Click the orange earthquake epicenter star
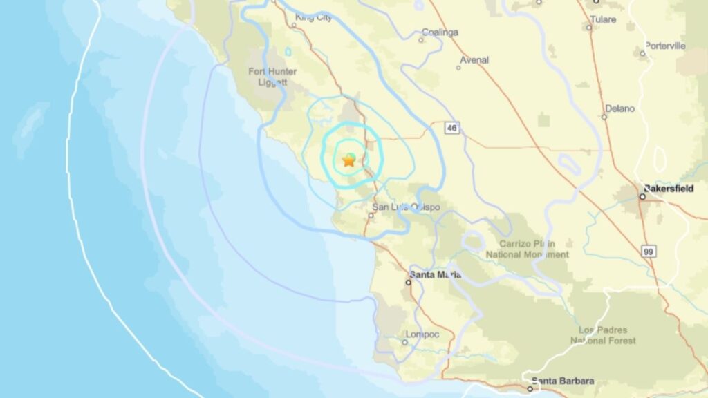coord(348,160)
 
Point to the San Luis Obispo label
coord(406,207)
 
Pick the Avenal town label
coord(474,60)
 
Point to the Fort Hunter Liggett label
coord(272,77)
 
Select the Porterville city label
coord(665,46)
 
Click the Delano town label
coord(619,108)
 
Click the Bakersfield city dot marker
coord(642,197)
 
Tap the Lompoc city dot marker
coord(405,341)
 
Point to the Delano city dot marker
coord(604,117)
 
